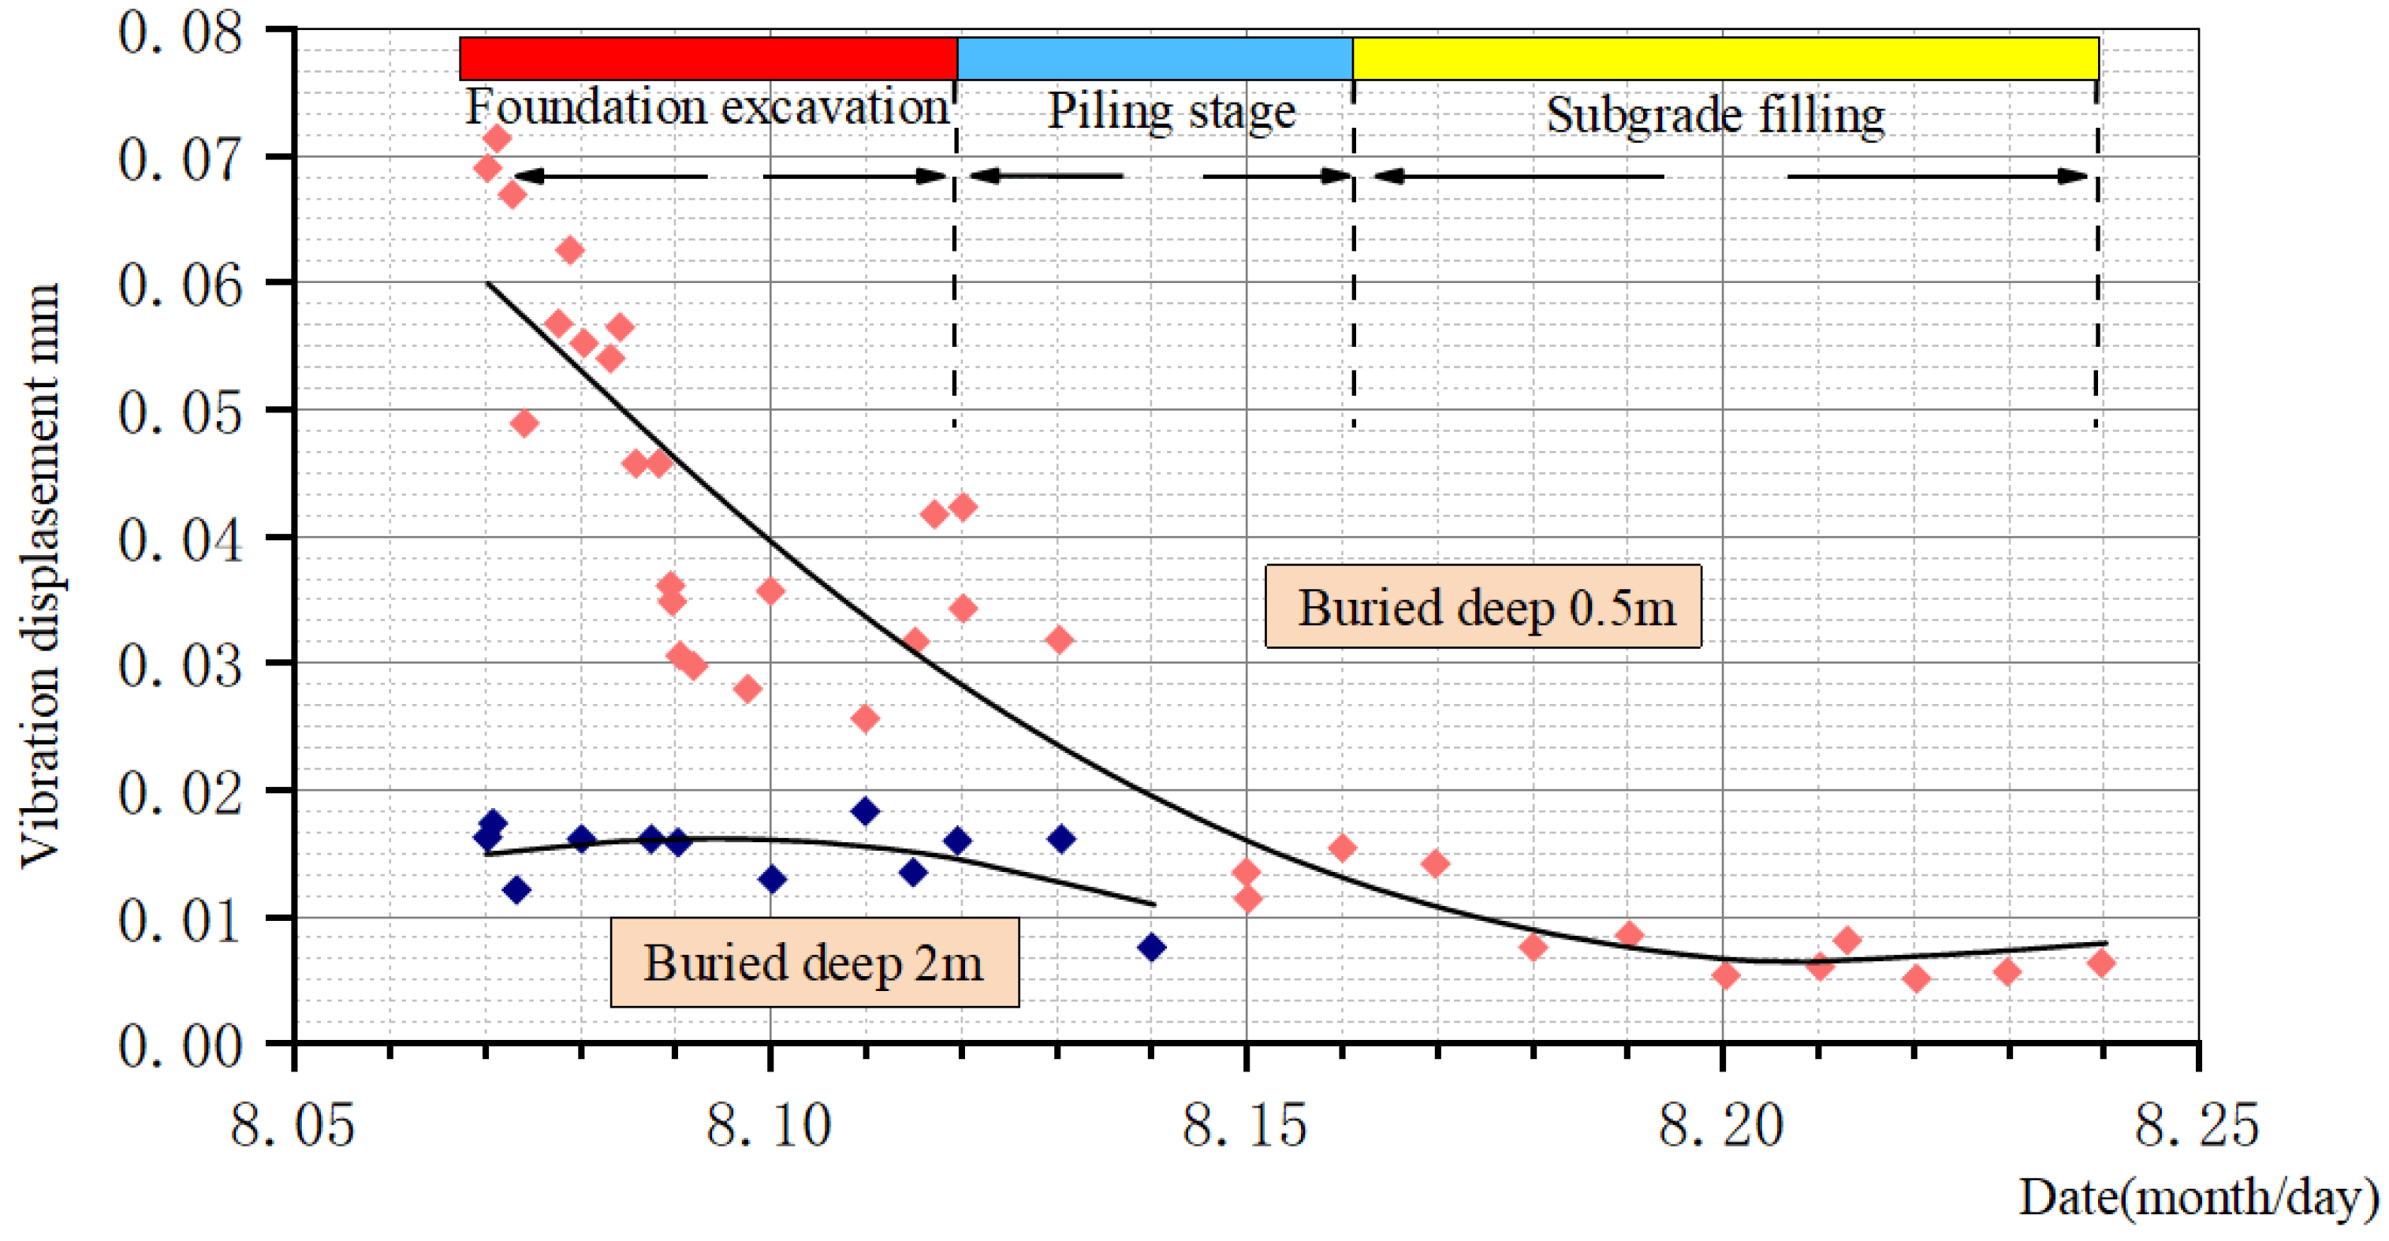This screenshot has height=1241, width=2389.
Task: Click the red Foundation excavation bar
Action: coord(707,58)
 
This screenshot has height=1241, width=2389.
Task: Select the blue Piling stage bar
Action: coord(1154,58)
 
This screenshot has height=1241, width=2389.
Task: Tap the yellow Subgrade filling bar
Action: coord(1725,58)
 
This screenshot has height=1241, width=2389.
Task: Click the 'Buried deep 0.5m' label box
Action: coord(1483,606)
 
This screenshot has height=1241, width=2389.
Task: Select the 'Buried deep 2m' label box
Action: coord(814,962)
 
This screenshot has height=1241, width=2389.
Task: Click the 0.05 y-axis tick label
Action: coord(180,412)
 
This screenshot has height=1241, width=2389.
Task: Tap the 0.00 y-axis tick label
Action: coord(180,1045)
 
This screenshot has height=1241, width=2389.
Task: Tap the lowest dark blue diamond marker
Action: coord(1151,947)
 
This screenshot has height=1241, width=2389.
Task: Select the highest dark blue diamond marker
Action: coord(865,811)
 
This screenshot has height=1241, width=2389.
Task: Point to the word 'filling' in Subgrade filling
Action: coord(1821,117)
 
